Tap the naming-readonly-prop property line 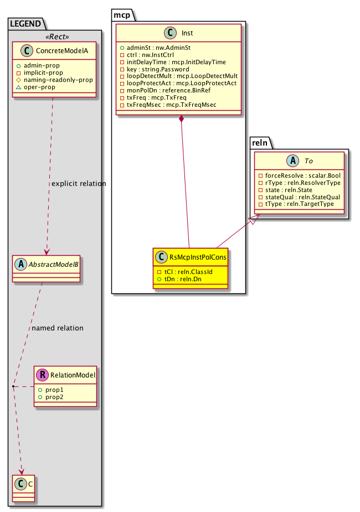click(x=58, y=80)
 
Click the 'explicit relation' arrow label click(x=78, y=183)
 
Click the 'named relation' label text click(x=58, y=328)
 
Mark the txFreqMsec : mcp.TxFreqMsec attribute click(x=171, y=105)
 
